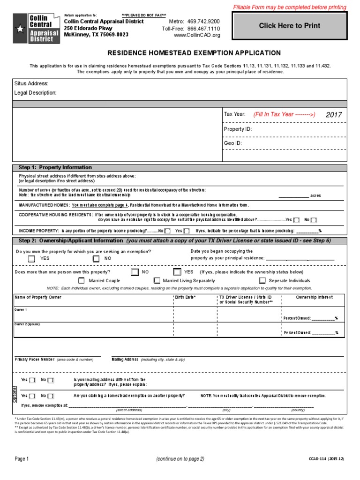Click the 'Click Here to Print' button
click(290, 26)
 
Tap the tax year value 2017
click(334, 114)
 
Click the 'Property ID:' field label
click(238, 129)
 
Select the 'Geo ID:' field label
click(232, 143)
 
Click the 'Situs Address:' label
click(31, 83)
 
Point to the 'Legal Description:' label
click(36, 93)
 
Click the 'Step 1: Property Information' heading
click(55, 167)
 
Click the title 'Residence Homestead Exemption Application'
click(194, 53)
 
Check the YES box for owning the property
click(31, 258)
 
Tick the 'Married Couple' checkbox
click(80, 280)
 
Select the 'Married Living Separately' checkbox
click(154, 280)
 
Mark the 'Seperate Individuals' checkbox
click(260, 280)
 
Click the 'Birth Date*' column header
click(185, 297)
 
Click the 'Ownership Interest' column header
click(314, 297)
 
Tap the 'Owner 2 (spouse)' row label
click(27, 324)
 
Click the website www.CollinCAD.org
click(196, 35)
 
